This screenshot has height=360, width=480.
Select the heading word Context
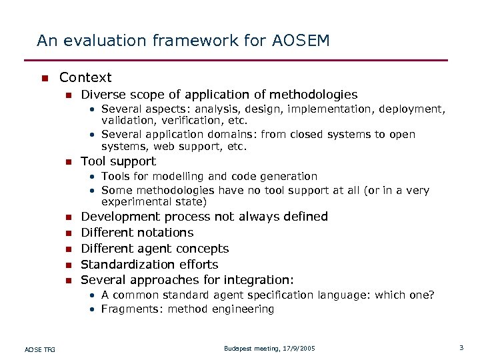pyautogui.click(x=85, y=77)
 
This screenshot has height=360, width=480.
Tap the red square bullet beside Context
pyautogui.click(x=44, y=78)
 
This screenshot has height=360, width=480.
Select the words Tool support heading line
pyautogui.click(x=118, y=161)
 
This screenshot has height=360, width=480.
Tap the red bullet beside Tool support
pyautogui.click(x=67, y=162)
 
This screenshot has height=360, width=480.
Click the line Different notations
pyautogui.click(x=137, y=233)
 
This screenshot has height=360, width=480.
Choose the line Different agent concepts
pyautogui.click(x=154, y=249)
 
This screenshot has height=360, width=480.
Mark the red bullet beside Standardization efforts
pyautogui.click(x=67, y=265)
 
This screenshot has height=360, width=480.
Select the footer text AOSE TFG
pyautogui.click(x=40, y=349)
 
